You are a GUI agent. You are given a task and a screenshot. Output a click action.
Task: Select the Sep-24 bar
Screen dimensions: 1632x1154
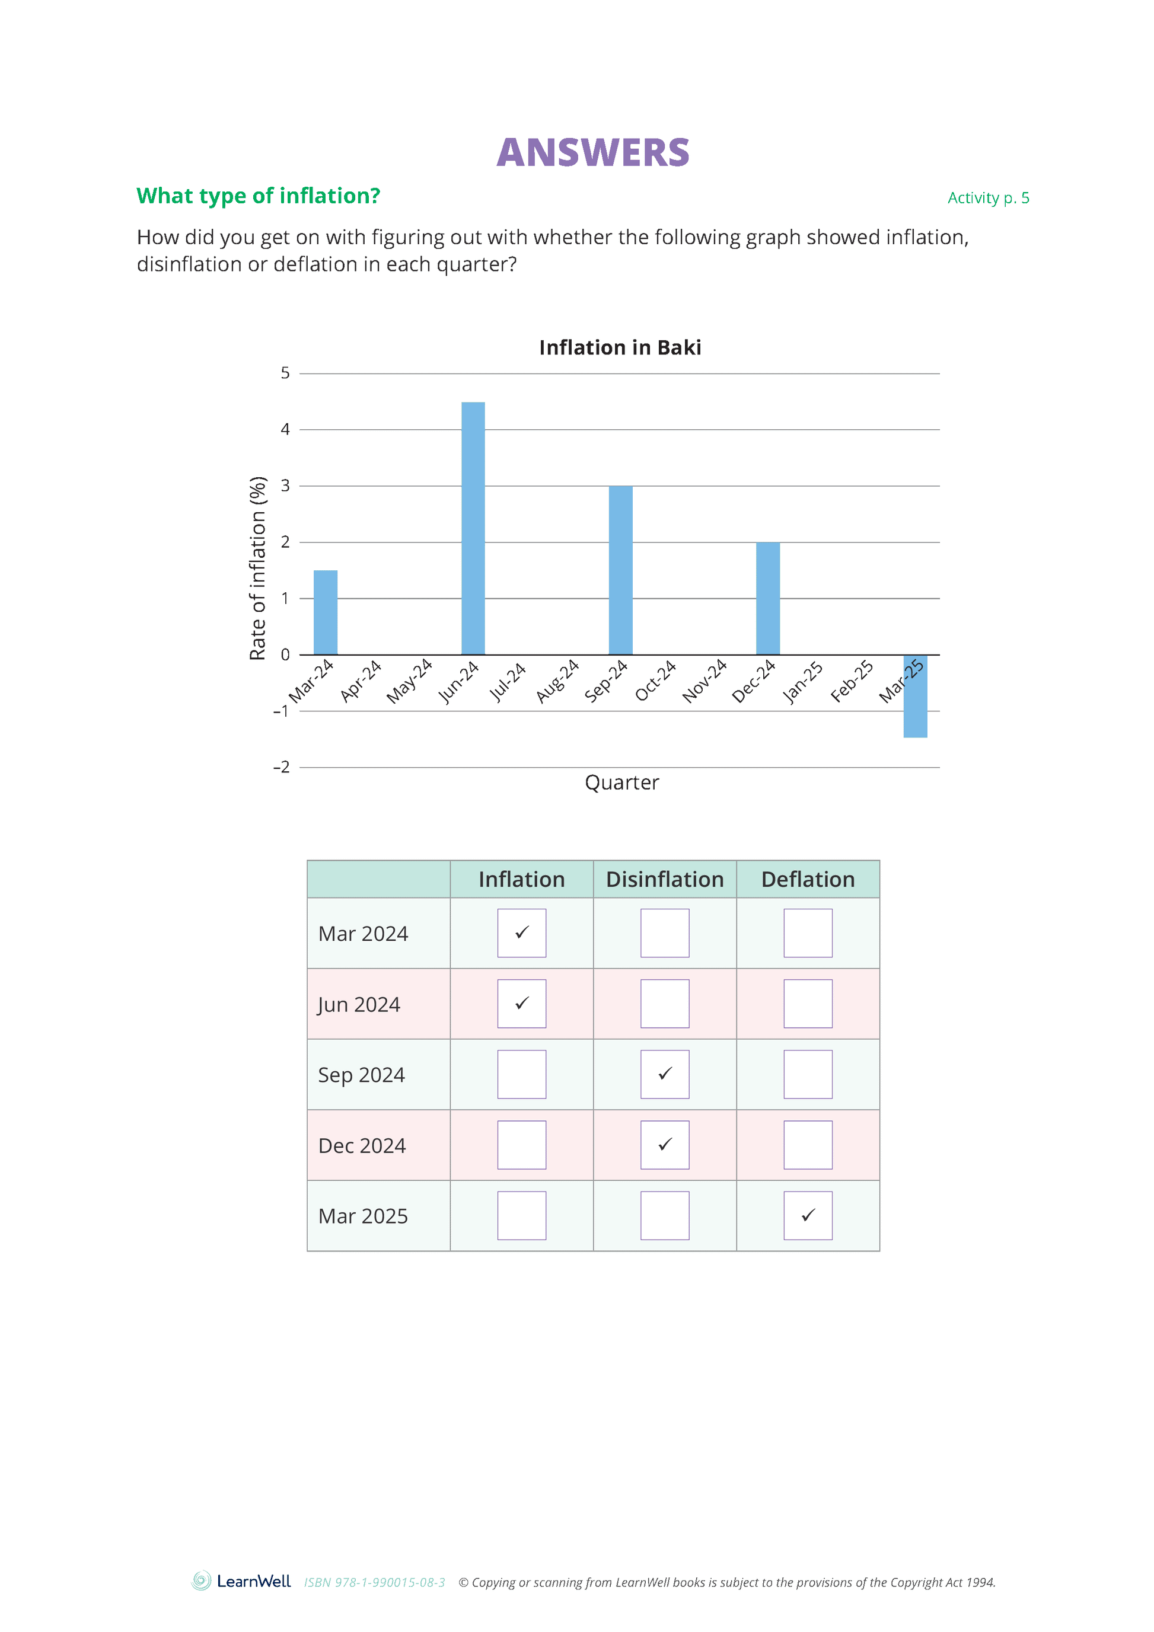tap(620, 570)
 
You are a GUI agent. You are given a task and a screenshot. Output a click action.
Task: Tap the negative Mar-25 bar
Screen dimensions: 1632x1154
tap(915, 697)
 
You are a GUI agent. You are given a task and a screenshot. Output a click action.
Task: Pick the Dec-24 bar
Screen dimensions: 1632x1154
tap(768, 599)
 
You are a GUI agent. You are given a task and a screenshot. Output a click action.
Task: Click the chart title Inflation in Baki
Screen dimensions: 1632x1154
tap(620, 347)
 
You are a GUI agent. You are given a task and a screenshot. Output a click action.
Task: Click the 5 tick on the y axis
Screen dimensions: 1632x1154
tap(285, 373)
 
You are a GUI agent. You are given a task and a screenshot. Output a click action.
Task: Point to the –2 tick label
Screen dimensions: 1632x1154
tap(282, 767)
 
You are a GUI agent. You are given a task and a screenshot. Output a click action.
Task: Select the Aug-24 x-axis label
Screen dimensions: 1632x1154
tap(557, 682)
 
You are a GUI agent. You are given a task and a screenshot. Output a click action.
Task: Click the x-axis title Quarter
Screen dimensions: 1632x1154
tap(621, 783)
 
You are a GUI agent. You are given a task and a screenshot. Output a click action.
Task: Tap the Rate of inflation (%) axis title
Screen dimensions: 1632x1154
tap(257, 568)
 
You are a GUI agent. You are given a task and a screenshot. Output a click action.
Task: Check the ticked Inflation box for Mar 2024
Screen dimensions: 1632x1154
tap(522, 932)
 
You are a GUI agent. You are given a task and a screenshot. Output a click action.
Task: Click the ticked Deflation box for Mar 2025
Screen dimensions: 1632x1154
tap(808, 1215)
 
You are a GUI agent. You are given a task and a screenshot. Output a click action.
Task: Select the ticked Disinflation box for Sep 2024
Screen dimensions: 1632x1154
tap(665, 1074)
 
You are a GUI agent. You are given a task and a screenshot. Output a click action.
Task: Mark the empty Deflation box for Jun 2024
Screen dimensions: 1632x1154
tap(808, 1004)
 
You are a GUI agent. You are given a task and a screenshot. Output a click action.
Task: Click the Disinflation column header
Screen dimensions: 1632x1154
tap(665, 879)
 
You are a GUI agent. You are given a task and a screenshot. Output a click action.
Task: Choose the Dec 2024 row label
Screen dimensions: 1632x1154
tap(362, 1146)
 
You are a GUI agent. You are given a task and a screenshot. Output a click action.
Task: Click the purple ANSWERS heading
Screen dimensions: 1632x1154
tap(593, 152)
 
